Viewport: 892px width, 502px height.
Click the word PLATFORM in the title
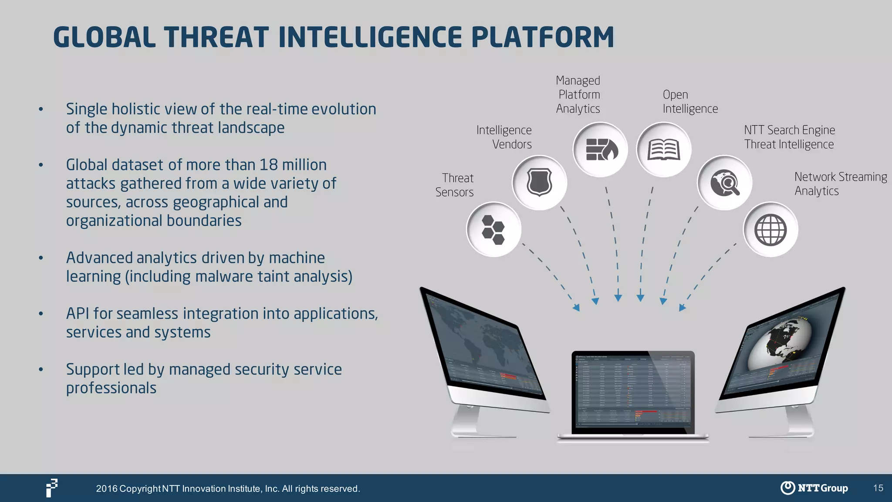pyautogui.click(x=543, y=37)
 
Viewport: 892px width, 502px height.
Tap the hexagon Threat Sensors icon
pyautogui.click(x=493, y=230)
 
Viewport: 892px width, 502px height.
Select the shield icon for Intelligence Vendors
pyautogui.click(x=539, y=183)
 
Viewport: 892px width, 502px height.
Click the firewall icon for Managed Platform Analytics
pyautogui.click(x=600, y=150)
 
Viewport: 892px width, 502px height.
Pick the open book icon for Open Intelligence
pyautogui.click(x=664, y=150)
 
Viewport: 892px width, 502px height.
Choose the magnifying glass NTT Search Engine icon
pyautogui.click(x=725, y=183)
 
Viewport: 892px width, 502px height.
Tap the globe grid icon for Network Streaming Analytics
pyautogui.click(x=770, y=230)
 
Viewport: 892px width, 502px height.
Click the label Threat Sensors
pyautogui.click(x=455, y=185)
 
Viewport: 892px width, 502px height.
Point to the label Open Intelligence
pyautogui.click(x=690, y=102)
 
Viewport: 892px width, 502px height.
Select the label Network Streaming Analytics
pyautogui.click(x=840, y=184)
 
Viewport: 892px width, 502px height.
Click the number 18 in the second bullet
pyautogui.click(x=268, y=165)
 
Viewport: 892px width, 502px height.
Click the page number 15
pyautogui.click(x=878, y=488)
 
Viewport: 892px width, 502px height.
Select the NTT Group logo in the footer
pyautogui.click(x=814, y=488)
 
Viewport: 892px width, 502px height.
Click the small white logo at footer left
pyautogui.click(x=52, y=488)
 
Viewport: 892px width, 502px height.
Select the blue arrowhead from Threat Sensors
pyautogui.click(x=576, y=308)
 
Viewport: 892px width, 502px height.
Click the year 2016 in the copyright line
pyautogui.click(x=107, y=489)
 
